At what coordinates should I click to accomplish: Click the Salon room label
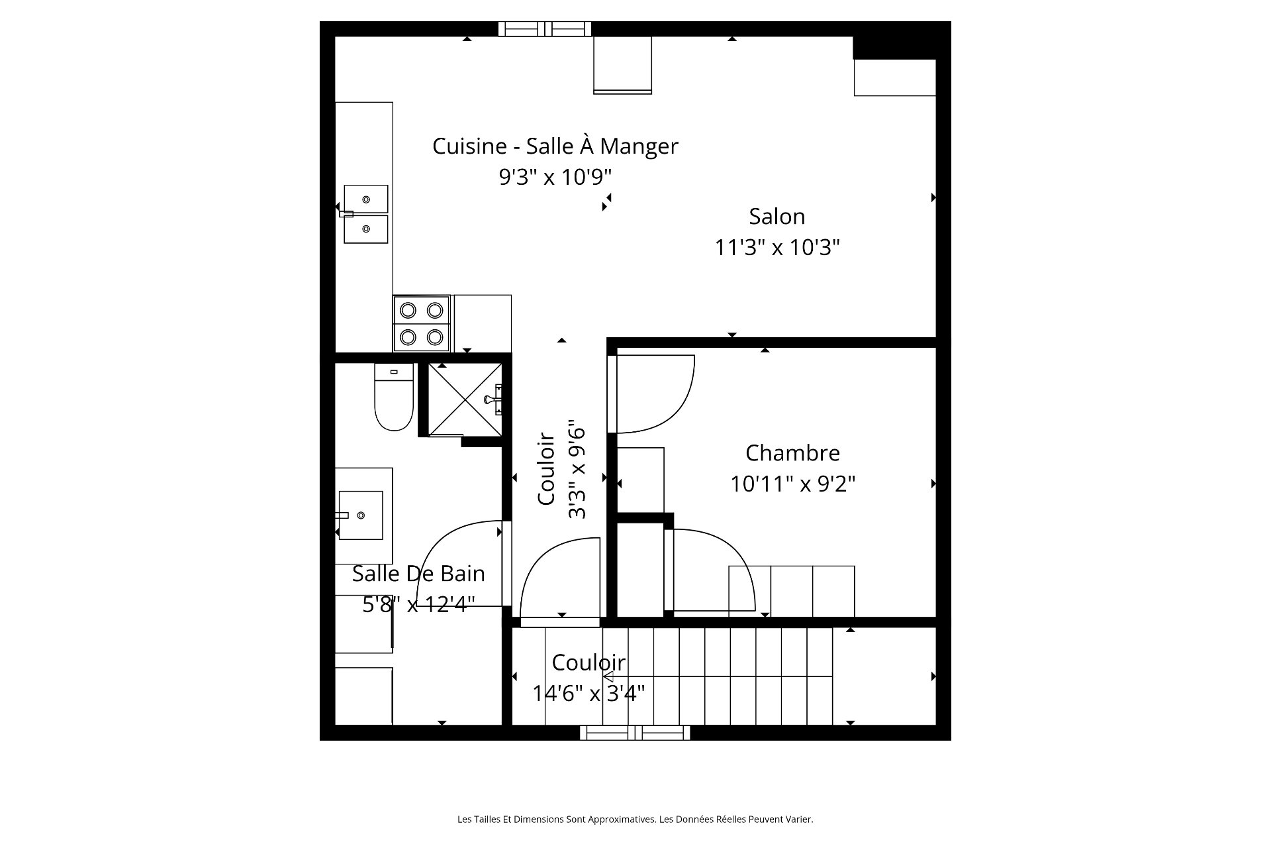coord(777,217)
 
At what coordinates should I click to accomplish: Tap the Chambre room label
coord(792,453)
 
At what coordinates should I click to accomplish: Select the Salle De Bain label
coord(418,574)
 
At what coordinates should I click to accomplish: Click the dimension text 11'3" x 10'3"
coord(777,248)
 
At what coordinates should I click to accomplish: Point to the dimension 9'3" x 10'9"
coord(555,177)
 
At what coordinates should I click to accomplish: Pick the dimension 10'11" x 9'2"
coord(792,484)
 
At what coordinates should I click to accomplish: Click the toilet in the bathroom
coord(394,396)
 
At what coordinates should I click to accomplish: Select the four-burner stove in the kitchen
coord(422,323)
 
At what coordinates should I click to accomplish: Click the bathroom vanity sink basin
coord(361,515)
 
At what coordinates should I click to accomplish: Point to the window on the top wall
coord(544,28)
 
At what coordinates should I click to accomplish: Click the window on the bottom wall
coord(635,733)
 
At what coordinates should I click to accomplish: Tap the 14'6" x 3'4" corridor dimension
coord(588,694)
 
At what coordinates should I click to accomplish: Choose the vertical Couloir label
coord(545,469)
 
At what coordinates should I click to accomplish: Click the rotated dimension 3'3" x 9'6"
coord(577,469)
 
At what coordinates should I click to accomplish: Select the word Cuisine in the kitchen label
coord(469,146)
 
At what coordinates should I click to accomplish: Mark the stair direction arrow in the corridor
coord(608,676)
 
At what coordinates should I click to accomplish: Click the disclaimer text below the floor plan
coord(635,820)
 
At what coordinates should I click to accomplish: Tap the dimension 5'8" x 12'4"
coord(418,605)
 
